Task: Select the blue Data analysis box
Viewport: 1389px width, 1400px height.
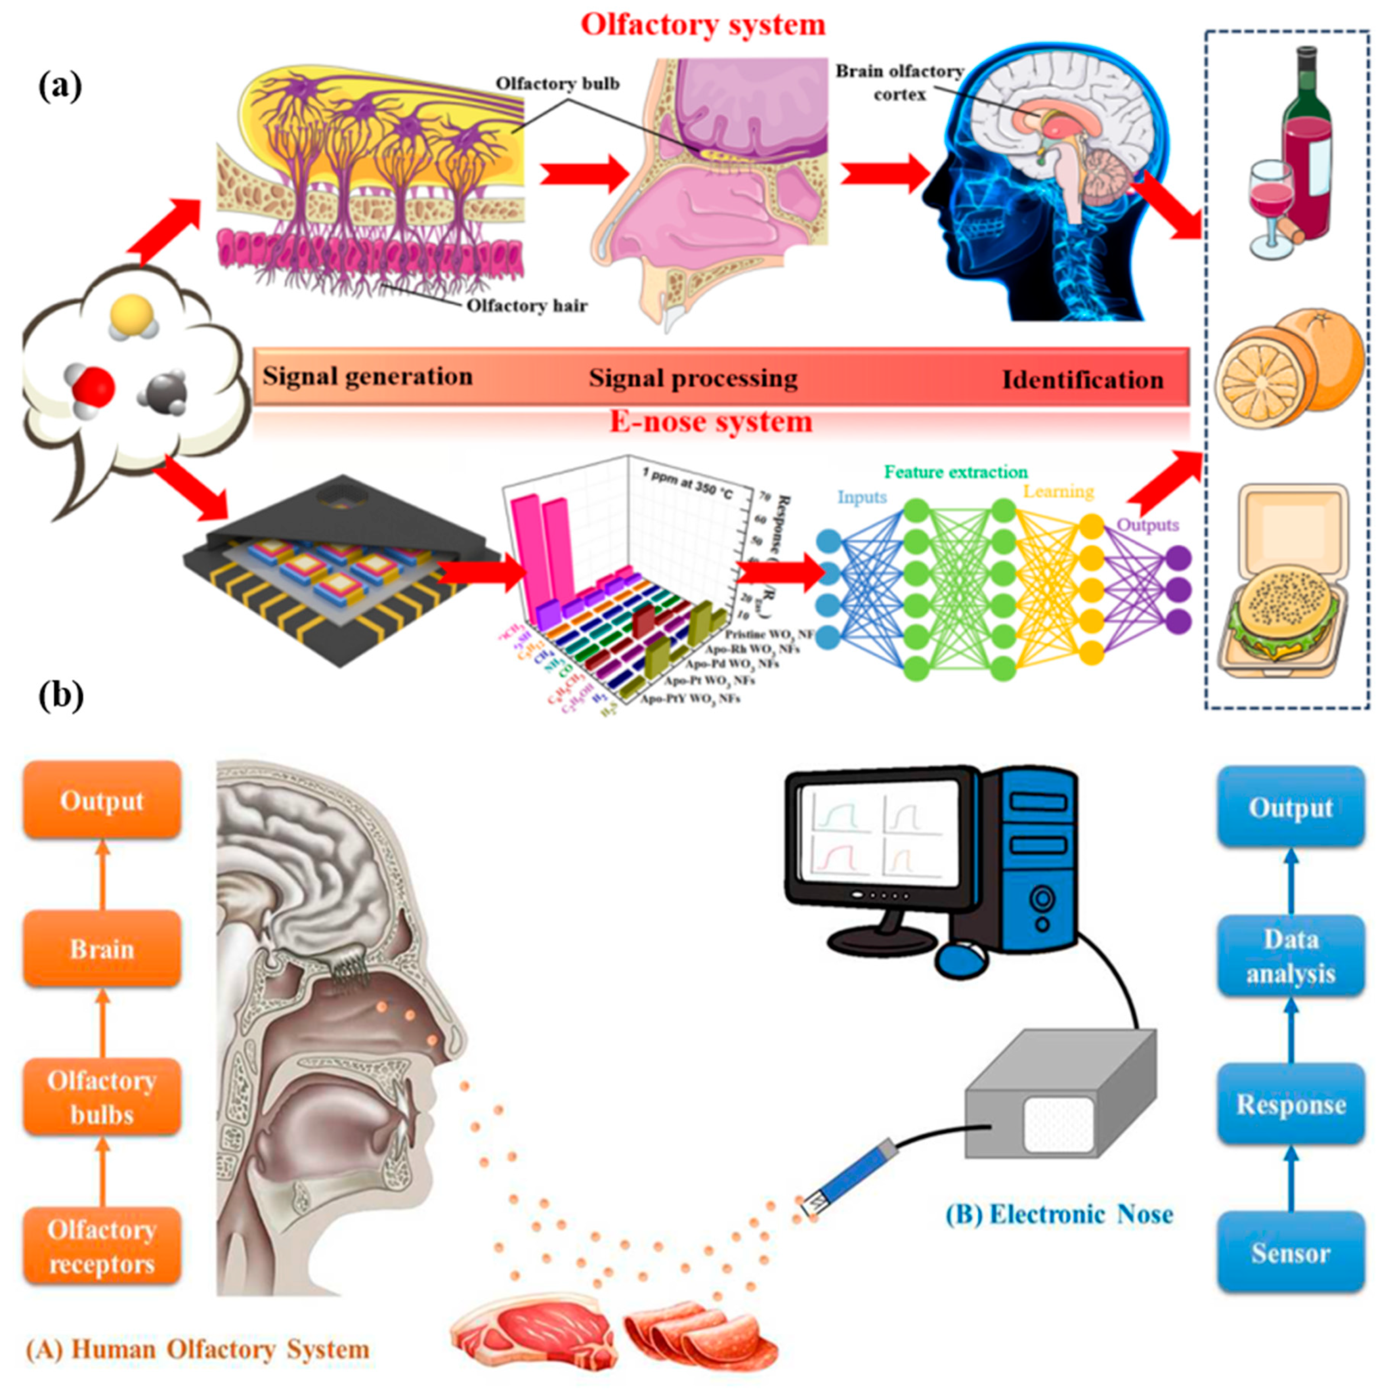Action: (x=1291, y=957)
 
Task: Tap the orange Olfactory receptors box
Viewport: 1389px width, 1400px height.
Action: (x=102, y=1246)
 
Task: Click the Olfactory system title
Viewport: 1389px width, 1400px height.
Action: (x=703, y=25)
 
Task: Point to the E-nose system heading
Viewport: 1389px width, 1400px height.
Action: (x=710, y=421)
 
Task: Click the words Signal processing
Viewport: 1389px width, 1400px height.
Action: (x=693, y=378)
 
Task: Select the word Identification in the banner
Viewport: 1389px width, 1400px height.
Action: (x=1083, y=380)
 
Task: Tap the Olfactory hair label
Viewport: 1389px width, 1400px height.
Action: (x=527, y=306)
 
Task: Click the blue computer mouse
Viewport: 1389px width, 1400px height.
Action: (x=961, y=959)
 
